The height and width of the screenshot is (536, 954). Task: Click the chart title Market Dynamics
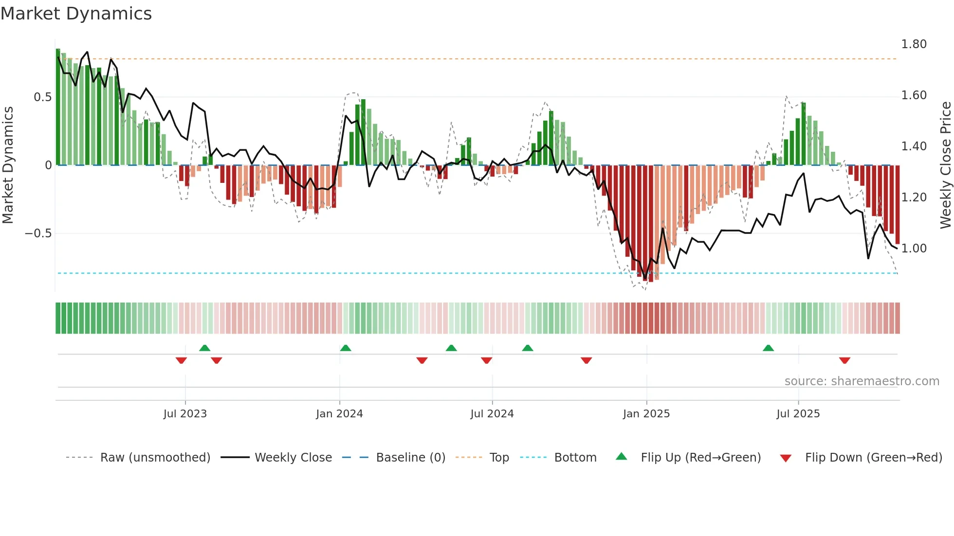[76, 14]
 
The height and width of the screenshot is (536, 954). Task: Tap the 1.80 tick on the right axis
[914, 44]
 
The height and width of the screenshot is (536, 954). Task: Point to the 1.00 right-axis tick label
[914, 249]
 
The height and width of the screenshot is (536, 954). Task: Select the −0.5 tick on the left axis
[38, 233]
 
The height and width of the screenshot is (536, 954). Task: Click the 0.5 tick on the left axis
[42, 97]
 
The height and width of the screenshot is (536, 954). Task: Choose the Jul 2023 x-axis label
[185, 414]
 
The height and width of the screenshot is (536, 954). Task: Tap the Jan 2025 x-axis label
[646, 414]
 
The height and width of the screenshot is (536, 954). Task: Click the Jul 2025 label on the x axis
[798, 414]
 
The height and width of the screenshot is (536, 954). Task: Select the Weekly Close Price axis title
[945, 165]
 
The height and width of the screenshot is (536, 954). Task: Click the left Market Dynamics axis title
[8, 165]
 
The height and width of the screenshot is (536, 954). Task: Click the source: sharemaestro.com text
[862, 381]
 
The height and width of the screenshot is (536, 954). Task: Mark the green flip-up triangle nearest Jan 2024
[346, 348]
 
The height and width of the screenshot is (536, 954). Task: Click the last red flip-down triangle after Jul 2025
[844, 360]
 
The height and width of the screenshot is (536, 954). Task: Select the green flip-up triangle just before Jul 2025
[769, 348]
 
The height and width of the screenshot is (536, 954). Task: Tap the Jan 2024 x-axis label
[339, 414]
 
